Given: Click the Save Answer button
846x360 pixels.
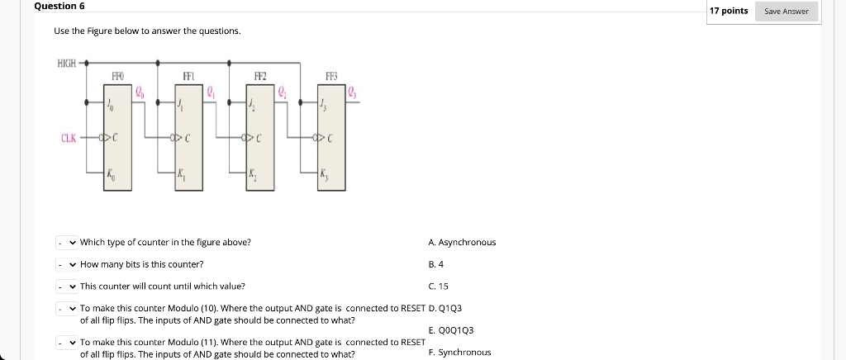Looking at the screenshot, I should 787,12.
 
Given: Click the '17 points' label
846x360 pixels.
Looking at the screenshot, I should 729,11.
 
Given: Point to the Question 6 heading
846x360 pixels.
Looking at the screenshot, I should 59,6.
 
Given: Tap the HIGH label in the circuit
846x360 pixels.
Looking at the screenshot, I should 66,63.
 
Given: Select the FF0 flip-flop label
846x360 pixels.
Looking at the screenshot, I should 117,76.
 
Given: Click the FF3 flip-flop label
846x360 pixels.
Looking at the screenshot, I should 332,76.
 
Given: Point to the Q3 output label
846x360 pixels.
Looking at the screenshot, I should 353,92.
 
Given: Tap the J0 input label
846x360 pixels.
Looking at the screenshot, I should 112,105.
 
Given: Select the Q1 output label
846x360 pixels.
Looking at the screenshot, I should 211,92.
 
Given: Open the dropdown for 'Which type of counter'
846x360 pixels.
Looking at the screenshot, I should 66,243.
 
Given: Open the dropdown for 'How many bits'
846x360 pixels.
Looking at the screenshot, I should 66,265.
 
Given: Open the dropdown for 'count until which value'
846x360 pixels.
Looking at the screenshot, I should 66,287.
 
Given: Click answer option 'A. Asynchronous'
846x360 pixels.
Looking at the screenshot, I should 463,243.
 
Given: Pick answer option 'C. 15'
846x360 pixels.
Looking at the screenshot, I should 439,287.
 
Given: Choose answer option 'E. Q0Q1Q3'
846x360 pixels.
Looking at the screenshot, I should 451,330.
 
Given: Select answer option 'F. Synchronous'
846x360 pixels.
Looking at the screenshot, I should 460,353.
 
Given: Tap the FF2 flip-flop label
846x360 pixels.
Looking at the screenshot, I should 261,76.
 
